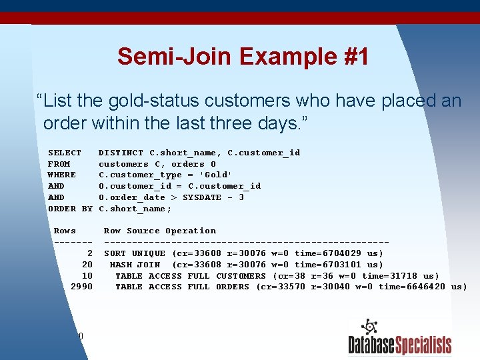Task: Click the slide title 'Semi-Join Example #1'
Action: [243, 57]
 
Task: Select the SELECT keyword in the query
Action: [65, 153]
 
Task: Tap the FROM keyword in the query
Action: [59, 164]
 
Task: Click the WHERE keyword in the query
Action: [62, 175]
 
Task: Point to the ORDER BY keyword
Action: [70, 209]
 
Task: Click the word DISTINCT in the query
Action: [121, 153]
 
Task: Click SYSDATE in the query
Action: [202, 197]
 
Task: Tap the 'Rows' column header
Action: [65, 231]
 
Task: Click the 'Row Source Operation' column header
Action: [160, 231]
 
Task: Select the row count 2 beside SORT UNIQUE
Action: [89, 253]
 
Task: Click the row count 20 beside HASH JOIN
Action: [87, 265]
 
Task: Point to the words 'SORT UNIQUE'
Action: [135, 253]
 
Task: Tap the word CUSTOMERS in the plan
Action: [241, 276]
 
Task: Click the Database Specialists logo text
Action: [399, 345]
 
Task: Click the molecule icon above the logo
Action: [369, 328]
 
